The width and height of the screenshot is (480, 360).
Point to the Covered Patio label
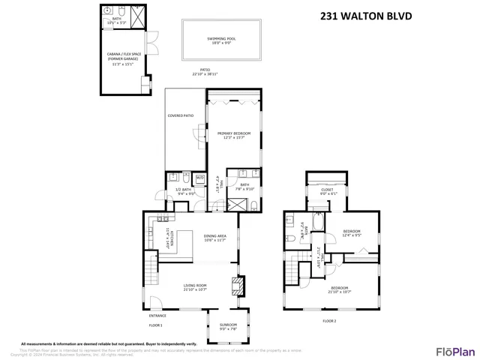[x=180, y=115]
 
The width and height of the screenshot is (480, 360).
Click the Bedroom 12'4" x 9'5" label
[x=352, y=232]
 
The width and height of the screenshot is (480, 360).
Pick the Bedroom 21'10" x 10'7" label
[x=340, y=289]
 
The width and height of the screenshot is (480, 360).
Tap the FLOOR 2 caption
[x=329, y=320]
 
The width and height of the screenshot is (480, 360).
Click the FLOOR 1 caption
[x=155, y=325]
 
